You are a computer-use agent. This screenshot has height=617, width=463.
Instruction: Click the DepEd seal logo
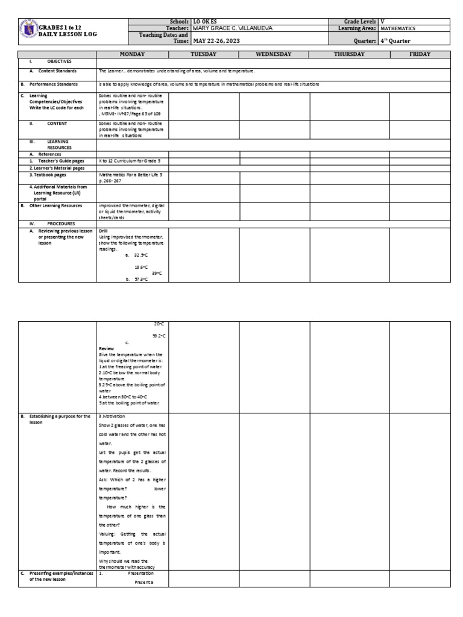[29, 31]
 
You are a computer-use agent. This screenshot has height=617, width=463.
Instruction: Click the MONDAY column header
[132, 54]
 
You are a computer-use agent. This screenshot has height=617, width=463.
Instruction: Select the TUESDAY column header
[204, 54]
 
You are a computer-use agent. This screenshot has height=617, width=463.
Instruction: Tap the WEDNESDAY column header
[274, 54]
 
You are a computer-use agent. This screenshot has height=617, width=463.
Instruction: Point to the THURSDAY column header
[350, 54]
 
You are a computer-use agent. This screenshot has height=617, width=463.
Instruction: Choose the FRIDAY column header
[420, 54]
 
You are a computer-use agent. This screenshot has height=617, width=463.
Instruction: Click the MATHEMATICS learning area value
[402, 28]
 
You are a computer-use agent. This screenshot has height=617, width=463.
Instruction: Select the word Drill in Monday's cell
[103, 231]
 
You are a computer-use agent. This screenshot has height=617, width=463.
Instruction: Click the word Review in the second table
[106, 348]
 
